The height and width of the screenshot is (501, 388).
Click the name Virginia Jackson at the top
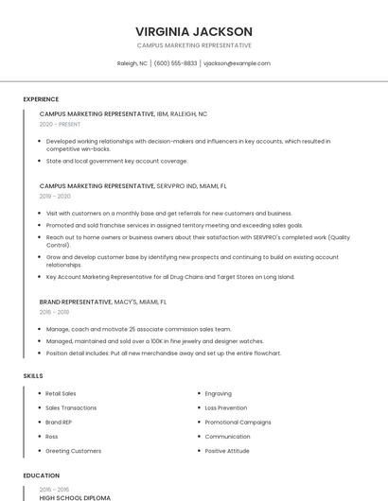coord(194,31)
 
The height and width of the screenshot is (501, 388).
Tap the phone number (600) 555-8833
coord(175,63)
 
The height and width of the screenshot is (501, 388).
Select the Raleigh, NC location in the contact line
coord(132,63)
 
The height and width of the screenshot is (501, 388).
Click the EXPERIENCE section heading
coord(41,99)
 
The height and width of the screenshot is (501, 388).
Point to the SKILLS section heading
coord(33,376)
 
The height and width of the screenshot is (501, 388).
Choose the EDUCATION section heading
coord(41,475)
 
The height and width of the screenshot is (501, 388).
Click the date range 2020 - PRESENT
coord(60,124)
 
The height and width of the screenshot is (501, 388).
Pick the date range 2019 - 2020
coord(55,196)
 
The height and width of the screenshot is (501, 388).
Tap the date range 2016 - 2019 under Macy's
coord(54,311)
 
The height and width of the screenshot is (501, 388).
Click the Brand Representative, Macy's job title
coord(103,302)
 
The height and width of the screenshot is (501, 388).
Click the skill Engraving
coord(218,393)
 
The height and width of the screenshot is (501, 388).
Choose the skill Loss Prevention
coord(225,407)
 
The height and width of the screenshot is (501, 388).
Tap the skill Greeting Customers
coord(73,451)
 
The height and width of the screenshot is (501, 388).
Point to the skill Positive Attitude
coord(228,451)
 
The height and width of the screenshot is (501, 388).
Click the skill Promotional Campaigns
coord(238,422)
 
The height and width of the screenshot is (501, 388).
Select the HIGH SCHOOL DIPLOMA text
coord(75,497)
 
